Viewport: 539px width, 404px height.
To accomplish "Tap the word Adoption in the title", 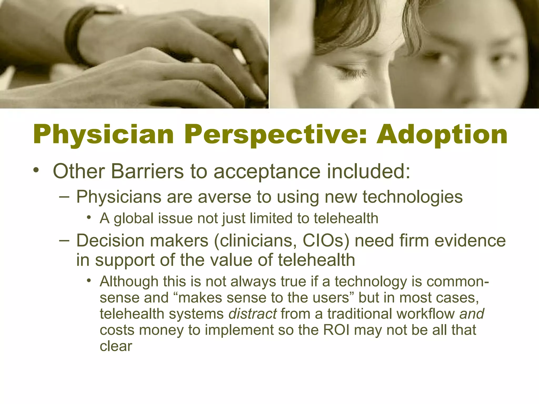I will click(x=442, y=135).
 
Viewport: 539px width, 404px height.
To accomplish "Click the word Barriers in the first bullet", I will click(x=147, y=171).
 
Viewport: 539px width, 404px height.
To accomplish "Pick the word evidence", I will click(x=470, y=241).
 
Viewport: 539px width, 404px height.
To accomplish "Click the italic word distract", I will click(x=252, y=314).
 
